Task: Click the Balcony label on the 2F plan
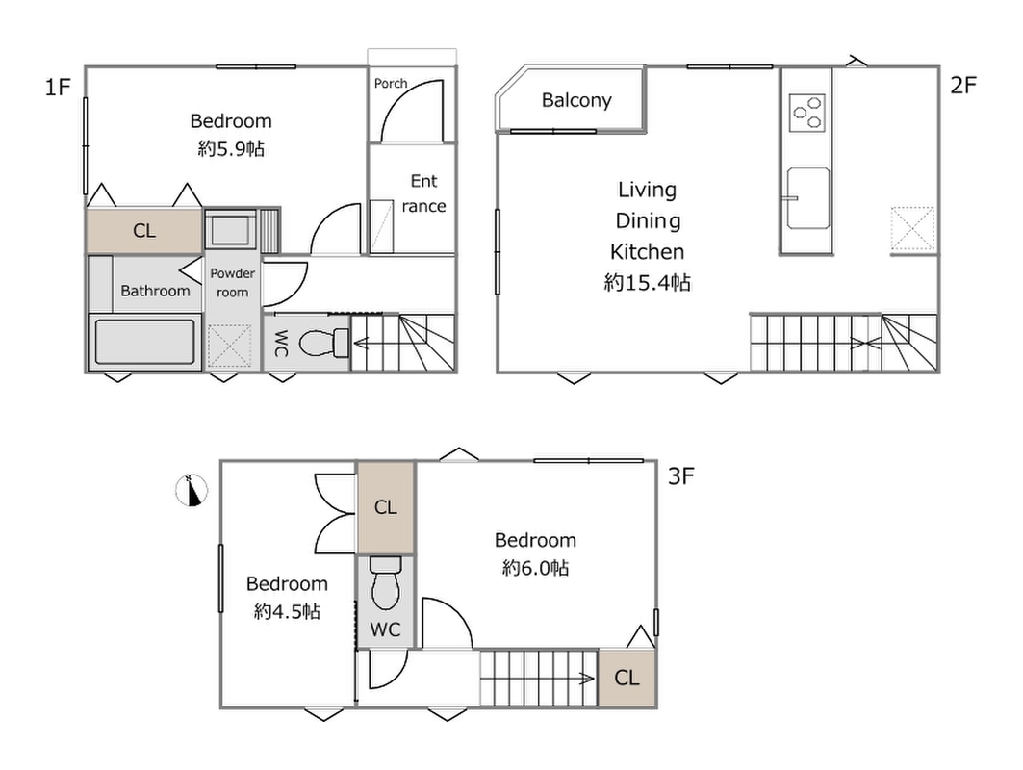pos(576,100)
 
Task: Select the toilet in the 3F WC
pos(386,582)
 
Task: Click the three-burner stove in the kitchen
pos(807,113)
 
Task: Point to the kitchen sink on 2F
pos(807,198)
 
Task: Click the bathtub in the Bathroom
pos(145,342)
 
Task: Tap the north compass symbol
pos(192,490)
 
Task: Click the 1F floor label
pos(58,87)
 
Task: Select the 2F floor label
pos(963,85)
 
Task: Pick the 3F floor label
pos(681,476)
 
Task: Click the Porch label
pos(390,84)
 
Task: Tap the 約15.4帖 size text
pos(648,283)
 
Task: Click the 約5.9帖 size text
pos(231,149)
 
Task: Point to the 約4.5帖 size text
pos(287,611)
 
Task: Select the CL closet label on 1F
pos(144,230)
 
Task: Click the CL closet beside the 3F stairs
pos(627,678)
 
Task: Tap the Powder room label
pos(232,283)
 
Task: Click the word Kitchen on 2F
pos(648,252)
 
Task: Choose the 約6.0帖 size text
pos(536,568)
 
